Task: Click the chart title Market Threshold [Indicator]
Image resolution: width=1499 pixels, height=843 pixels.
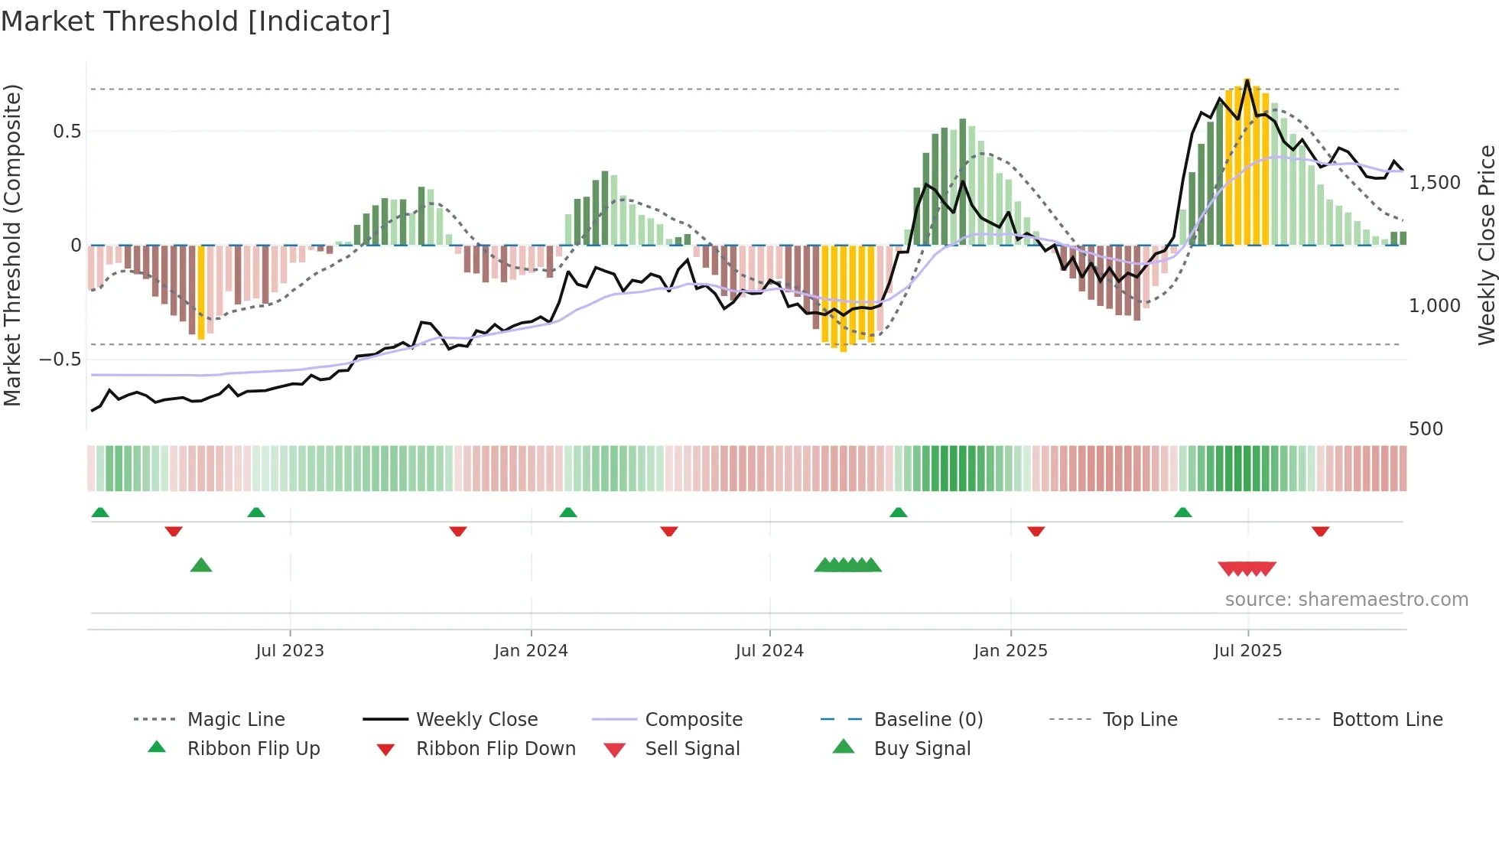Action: click(196, 21)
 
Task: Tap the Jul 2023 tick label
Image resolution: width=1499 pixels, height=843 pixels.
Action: click(290, 651)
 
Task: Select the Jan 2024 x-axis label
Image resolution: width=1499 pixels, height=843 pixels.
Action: click(531, 651)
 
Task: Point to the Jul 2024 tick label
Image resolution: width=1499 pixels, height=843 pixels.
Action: click(769, 651)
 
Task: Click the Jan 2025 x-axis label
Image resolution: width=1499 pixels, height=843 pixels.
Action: click(1010, 651)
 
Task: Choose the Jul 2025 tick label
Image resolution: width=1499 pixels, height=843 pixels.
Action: click(1247, 651)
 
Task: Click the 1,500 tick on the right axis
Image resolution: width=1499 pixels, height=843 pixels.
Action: click(1435, 183)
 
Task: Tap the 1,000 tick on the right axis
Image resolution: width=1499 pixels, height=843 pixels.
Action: click(1435, 306)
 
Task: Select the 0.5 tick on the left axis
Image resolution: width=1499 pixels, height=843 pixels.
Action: click(67, 132)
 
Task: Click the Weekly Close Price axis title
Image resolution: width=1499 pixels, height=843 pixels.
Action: click(1486, 245)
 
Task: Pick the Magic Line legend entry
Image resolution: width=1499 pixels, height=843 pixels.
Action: click(236, 720)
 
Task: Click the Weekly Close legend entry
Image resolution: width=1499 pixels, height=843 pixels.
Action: click(476, 720)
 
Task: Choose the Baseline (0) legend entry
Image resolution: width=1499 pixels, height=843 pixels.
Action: click(928, 720)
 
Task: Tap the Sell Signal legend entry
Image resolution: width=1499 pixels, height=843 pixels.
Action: click(692, 749)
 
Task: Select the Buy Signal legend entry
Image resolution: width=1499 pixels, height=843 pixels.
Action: click(922, 749)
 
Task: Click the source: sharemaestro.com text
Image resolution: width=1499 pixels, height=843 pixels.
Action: click(1346, 600)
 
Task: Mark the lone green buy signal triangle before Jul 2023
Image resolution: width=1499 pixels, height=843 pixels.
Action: click(201, 565)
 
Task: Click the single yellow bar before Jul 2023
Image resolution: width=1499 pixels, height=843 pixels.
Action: click(201, 292)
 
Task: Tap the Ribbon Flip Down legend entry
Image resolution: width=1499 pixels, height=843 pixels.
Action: click(496, 749)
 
